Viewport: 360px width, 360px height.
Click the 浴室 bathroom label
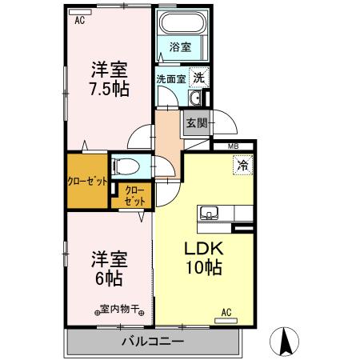tap(181, 48)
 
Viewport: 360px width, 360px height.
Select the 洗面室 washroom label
tap(170, 79)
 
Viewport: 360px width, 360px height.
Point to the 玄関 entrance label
tap(196, 123)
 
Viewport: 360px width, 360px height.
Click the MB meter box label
tap(234, 146)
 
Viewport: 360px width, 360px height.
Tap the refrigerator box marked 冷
tap(241, 166)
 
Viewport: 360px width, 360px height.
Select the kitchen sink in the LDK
tap(210, 214)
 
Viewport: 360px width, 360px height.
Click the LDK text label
tap(203, 249)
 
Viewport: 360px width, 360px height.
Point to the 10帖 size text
tap(203, 269)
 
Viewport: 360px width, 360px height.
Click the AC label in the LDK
tap(226, 312)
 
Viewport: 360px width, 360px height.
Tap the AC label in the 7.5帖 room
tap(80, 22)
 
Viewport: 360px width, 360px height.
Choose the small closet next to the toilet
tap(130, 197)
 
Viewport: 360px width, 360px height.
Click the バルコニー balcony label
tap(153, 342)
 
